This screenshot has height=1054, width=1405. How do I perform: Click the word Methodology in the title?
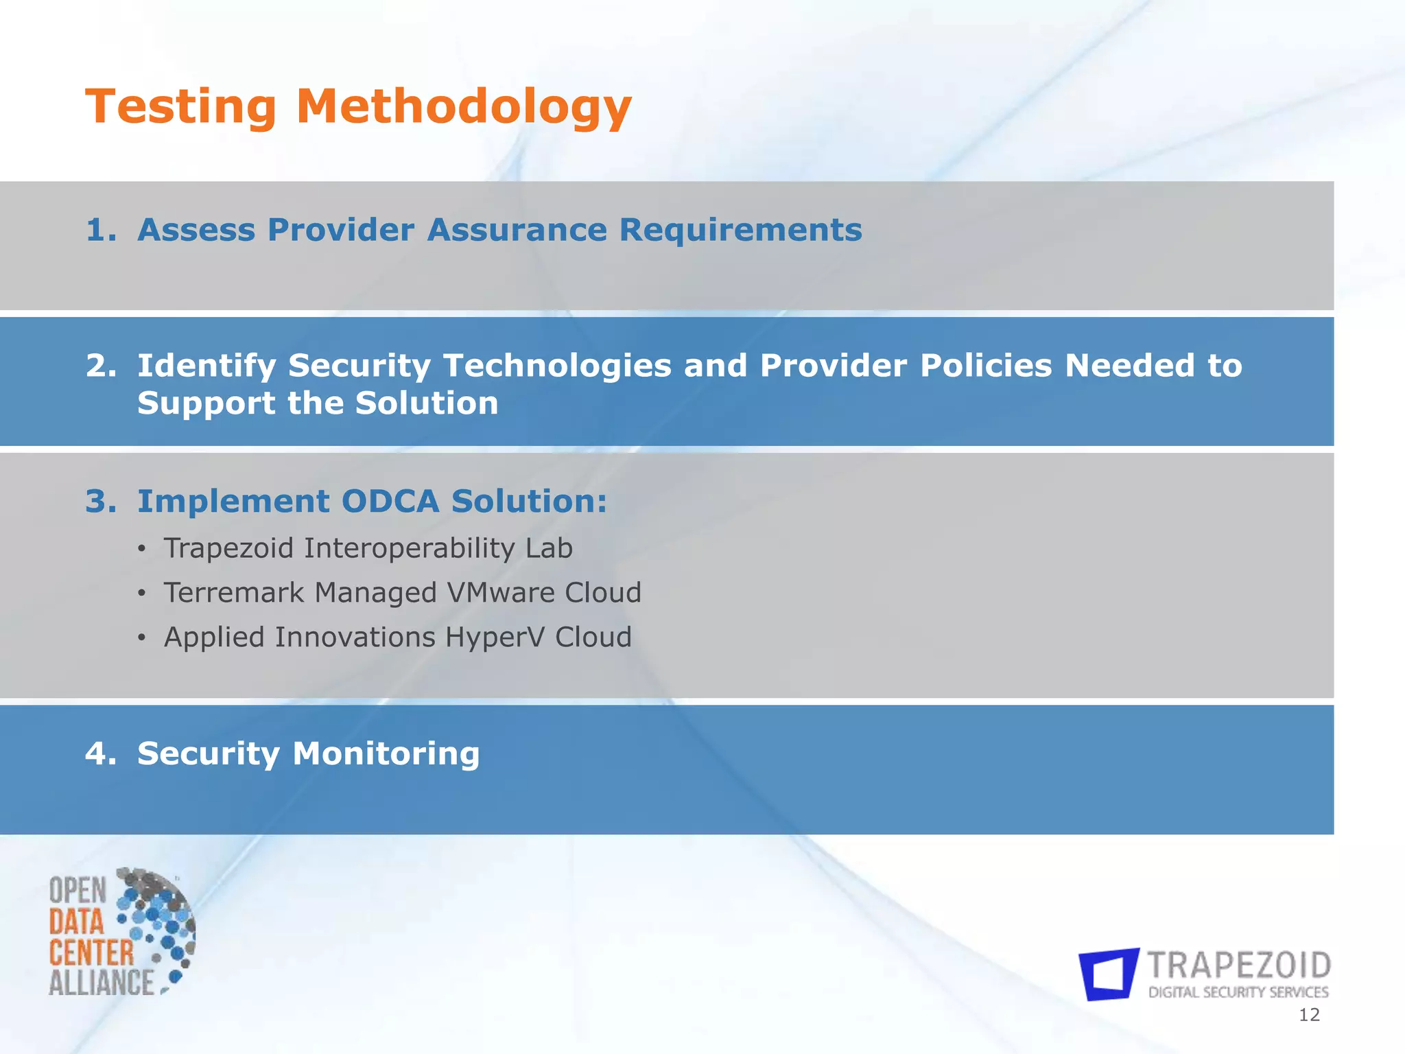[463, 108]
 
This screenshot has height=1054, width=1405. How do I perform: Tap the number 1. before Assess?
[101, 230]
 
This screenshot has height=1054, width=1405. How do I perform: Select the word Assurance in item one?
[517, 230]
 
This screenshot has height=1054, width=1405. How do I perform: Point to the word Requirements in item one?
[740, 230]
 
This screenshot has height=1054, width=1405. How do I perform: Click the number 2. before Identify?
[101, 366]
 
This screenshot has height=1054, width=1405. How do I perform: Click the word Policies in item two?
[985, 366]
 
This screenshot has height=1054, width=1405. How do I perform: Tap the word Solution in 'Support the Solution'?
[427, 403]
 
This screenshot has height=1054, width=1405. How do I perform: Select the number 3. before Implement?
[101, 502]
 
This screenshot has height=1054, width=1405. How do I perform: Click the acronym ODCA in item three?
[390, 502]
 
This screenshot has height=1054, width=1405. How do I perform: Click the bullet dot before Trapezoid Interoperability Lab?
[141, 549]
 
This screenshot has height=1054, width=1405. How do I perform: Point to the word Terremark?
[232, 593]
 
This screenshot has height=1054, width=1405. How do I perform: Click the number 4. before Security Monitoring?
[101, 753]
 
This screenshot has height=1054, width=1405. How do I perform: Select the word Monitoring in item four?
[386, 753]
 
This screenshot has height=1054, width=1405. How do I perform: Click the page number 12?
[1309, 1015]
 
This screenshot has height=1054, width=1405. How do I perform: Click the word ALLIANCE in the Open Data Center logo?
[102, 983]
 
